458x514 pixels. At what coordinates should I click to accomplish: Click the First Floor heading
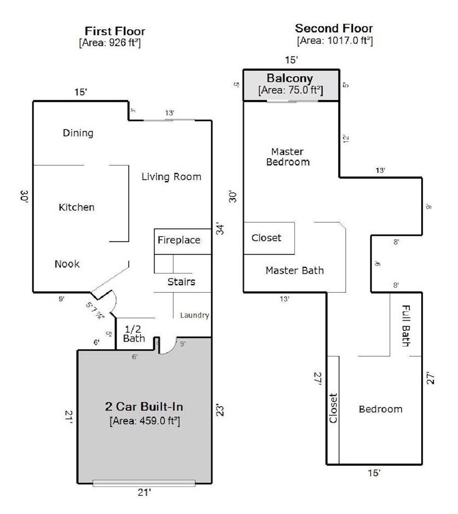(x=115, y=31)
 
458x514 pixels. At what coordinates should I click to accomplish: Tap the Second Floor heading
(x=334, y=28)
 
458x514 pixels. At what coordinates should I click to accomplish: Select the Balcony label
(x=290, y=78)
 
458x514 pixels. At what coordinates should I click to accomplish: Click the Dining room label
(x=78, y=133)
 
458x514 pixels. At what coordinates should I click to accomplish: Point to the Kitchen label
(x=77, y=207)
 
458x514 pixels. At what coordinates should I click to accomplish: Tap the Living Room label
(x=171, y=177)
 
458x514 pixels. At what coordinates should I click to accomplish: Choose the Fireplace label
(x=179, y=240)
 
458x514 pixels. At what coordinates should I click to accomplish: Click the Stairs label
(x=181, y=281)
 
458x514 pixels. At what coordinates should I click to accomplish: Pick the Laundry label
(x=194, y=315)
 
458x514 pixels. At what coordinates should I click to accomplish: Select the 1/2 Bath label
(x=134, y=334)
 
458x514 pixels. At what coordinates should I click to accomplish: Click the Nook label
(x=67, y=264)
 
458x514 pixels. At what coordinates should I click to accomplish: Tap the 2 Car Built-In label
(x=144, y=407)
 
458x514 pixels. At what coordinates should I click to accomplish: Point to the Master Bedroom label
(x=288, y=157)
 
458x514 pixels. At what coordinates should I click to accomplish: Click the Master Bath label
(x=295, y=270)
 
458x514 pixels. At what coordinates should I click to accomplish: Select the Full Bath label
(x=406, y=326)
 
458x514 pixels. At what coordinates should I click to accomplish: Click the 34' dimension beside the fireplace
(x=220, y=229)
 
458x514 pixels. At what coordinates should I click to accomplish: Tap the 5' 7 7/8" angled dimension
(x=95, y=310)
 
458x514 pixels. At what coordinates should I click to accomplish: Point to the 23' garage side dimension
(x=220, y=411)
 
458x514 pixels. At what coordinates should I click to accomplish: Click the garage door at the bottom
(x=144, y=483)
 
